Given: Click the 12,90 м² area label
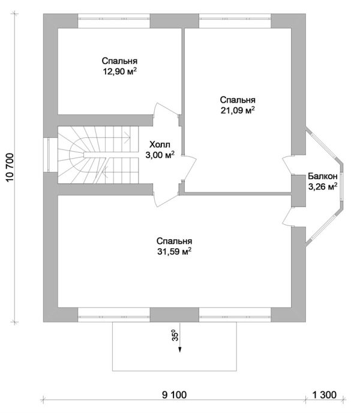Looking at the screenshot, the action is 120,71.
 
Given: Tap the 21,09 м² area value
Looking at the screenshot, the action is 238,110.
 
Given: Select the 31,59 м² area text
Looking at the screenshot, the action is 175,251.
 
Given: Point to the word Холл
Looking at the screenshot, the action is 160,144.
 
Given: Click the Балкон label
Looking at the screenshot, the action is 323,176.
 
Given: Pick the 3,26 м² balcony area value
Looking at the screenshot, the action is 323,186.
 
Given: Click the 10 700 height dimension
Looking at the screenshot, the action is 10,167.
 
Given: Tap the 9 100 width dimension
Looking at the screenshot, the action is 174,395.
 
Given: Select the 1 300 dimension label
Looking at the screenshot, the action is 325,395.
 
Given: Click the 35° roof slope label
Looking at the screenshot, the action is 175,335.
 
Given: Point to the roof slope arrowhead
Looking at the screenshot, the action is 179,349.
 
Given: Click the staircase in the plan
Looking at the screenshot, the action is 98,155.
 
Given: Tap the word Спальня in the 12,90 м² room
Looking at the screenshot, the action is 120,61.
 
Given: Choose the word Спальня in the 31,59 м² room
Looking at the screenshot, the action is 175,241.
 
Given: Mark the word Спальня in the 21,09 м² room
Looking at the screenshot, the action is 238,100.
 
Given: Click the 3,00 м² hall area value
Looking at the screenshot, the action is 160,155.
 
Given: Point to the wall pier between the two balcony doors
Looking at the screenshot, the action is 299,191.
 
